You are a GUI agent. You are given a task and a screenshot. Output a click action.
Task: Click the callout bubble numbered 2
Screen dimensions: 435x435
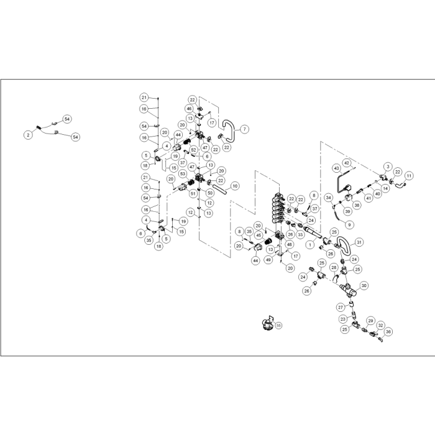(28, 134)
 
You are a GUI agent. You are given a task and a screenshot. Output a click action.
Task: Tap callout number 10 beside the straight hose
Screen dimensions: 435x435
(235, 185)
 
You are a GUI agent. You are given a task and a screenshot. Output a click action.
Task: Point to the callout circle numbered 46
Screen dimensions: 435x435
(189, 109)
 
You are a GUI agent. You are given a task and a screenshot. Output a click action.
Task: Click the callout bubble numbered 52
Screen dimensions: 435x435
(194, 150)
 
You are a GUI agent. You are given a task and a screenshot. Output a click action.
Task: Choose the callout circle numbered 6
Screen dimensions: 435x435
(207, 157)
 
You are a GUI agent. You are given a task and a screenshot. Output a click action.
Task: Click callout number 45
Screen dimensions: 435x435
(259, 236)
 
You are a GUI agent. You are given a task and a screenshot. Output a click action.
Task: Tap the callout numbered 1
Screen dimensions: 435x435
(309, 245)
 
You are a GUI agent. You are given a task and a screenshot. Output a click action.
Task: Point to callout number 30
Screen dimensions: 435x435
(364, 285)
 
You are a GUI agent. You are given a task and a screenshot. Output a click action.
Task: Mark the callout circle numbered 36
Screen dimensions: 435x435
(388, 332)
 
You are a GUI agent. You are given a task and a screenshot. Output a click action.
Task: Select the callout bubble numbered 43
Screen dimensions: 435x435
(336, 168)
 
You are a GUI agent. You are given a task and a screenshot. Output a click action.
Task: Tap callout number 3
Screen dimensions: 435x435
(387, 167)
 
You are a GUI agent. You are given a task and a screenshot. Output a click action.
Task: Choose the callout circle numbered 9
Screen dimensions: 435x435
(349, 224)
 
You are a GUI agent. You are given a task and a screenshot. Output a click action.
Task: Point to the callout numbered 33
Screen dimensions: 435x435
(300, 235)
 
